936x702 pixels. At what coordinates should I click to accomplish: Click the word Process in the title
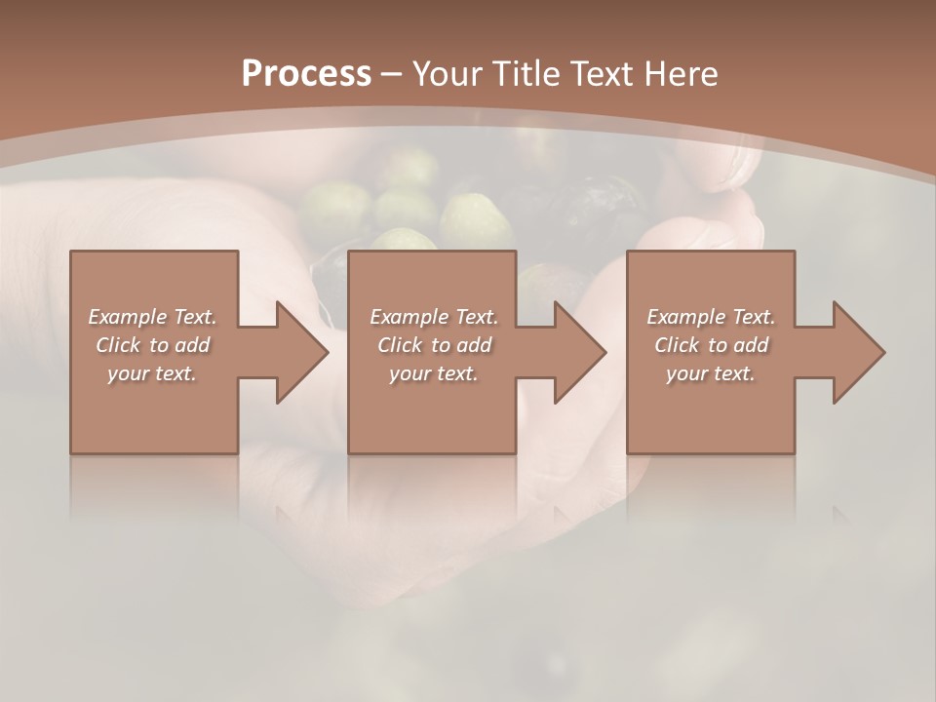pos(306,74)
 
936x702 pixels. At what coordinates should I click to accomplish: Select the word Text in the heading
pos(602,74)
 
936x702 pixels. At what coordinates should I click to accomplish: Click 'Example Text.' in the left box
pos(152,317)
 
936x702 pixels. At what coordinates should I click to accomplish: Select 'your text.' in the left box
pos(152,373)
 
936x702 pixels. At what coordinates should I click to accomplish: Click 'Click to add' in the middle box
pos(434,345)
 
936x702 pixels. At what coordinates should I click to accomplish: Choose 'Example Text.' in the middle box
pos(434,317)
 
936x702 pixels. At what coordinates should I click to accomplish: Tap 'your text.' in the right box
pos(711,373)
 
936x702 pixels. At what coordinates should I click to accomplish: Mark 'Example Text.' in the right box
pos(711,317)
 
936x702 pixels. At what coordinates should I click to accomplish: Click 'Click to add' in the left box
pos(152,345)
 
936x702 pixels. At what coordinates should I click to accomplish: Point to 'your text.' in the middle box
pos(434,373)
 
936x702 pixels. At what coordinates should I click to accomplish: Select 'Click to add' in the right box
pos(711,345)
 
